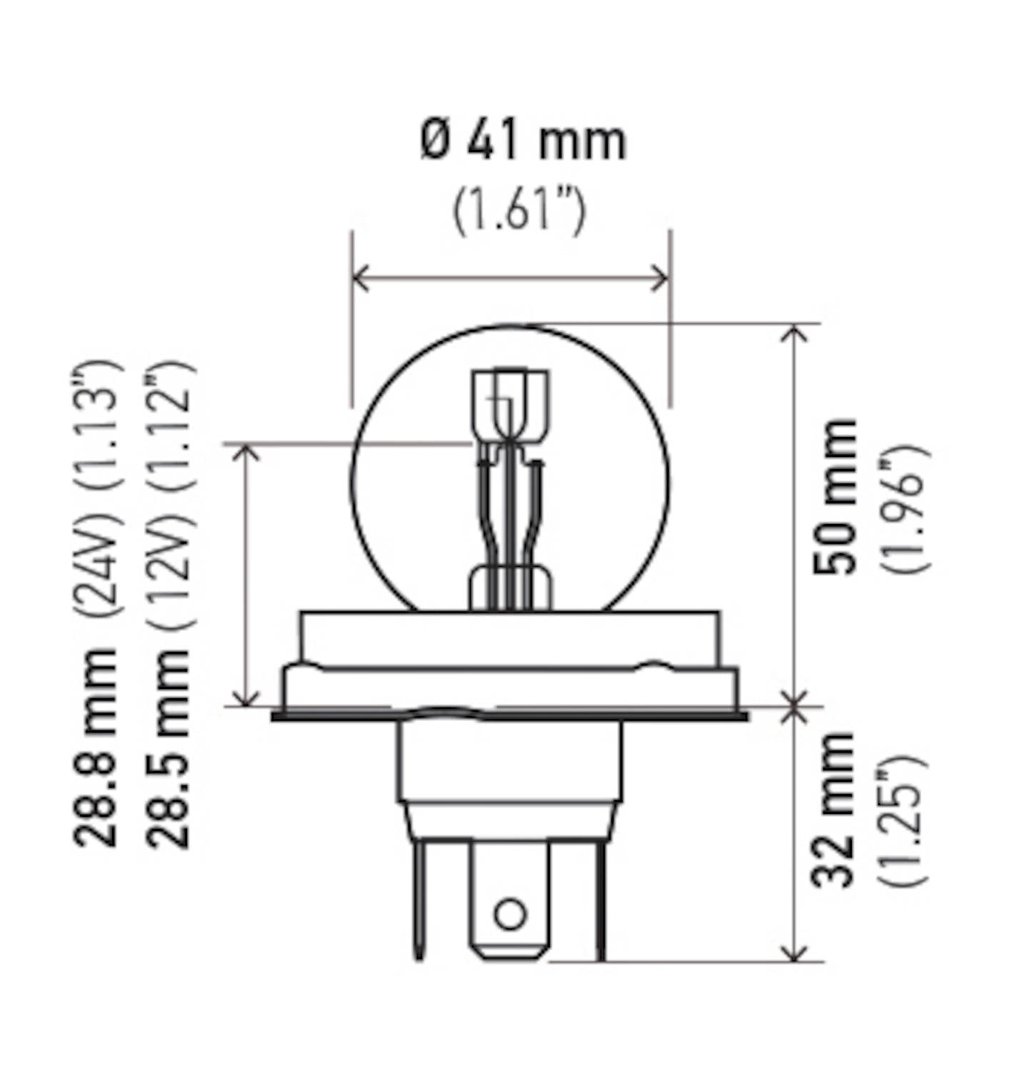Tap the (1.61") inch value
click(x=519, y=210)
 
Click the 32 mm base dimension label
click(x=834, y=809)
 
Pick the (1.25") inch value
click(x=904, y=820)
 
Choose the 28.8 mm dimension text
click(x=95, y=748)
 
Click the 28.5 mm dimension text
click(x=169, y=748)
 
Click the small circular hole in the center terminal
click(x=510, y=914)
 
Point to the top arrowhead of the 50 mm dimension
click(x=795, y=333)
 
